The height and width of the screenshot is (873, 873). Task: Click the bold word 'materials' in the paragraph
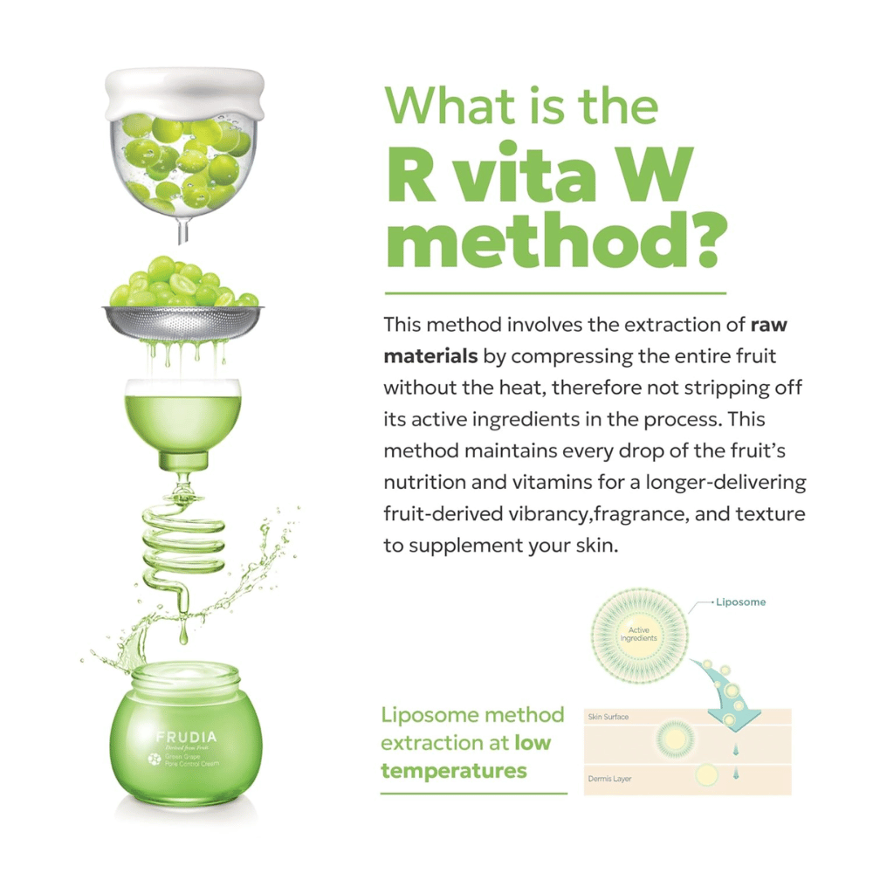point(430,356)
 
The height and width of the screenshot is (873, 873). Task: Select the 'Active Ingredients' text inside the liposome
point(640,634)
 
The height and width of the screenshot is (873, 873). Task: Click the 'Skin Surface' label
point(608,717)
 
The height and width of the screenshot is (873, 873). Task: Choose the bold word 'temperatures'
point(454,770)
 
